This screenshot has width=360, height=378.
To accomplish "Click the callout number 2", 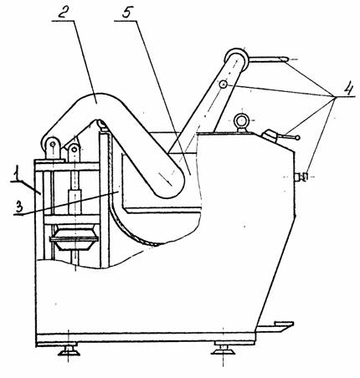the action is (x=63, y=11).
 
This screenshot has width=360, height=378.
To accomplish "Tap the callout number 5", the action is (x=126, y=11).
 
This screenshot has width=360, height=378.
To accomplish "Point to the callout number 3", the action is (x=18, y=207).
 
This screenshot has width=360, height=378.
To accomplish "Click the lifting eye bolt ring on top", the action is (x=240, y=120).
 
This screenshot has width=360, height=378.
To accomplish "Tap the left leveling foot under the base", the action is (x=69, y=350).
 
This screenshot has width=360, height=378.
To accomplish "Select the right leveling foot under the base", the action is (x=223, y=349).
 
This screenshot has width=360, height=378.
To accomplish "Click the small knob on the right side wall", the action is (x=301, y=176).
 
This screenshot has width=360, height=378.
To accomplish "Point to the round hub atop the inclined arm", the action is (x=236, y=59).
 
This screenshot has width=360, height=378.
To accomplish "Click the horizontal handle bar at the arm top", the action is (x=268, y=59).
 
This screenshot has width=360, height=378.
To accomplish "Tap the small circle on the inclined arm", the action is (x=223, y=84).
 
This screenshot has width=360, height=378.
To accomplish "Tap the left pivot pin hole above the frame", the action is (x=52, y=144).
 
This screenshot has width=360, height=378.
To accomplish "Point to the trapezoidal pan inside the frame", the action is (x=75, y=239).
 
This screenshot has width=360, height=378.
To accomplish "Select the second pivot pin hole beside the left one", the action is (x=75, y=149).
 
